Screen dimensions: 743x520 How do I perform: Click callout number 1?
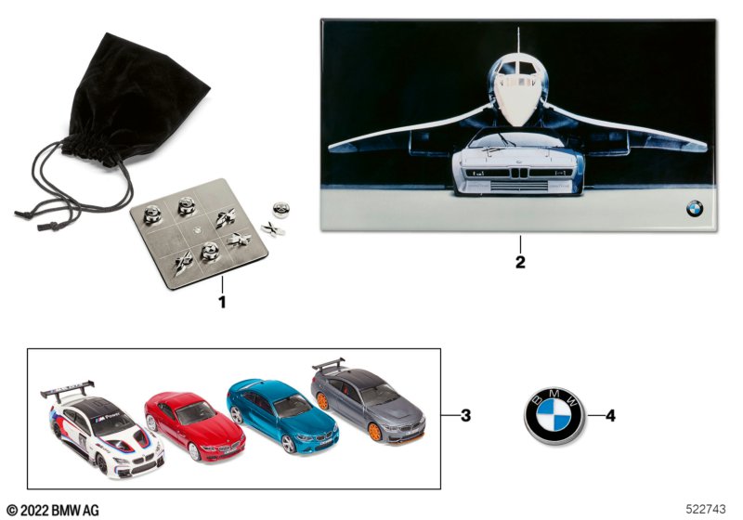pos(221,302)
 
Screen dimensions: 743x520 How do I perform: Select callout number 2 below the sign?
pos(520,262)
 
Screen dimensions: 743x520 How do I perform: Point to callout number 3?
pos(465,415)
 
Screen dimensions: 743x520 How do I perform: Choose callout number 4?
pos(610,415)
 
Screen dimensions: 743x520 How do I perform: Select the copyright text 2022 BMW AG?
pos(53,509)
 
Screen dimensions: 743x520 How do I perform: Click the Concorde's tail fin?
pos(518,42)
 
